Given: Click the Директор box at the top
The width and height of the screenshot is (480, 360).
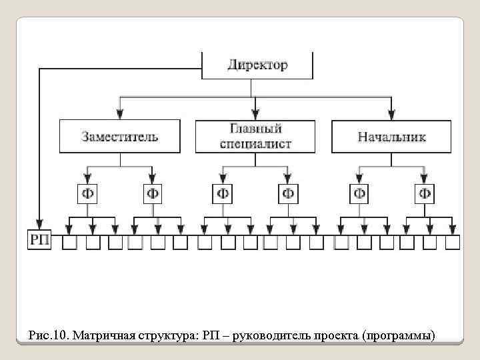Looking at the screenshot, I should (x=257, y=66).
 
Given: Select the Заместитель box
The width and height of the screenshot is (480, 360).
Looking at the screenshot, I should (x=120, y=137).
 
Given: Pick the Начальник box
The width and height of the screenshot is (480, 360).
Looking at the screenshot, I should (x=391, y=137).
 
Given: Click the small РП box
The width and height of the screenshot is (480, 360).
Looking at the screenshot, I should (x=39, y=239).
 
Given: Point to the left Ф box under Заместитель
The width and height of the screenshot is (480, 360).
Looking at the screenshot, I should (x=87, y=193).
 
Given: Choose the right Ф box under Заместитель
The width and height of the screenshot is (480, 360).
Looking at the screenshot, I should (x=153, y=193).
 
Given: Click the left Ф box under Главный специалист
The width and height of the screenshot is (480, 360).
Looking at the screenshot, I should (x=223, y=193).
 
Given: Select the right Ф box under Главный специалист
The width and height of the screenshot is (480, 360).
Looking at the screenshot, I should (x=288, y=193).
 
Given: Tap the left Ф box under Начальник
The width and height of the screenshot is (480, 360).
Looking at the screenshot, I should (x=359, y=193).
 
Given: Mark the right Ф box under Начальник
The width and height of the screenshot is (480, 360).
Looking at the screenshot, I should (x=424, y=193).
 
